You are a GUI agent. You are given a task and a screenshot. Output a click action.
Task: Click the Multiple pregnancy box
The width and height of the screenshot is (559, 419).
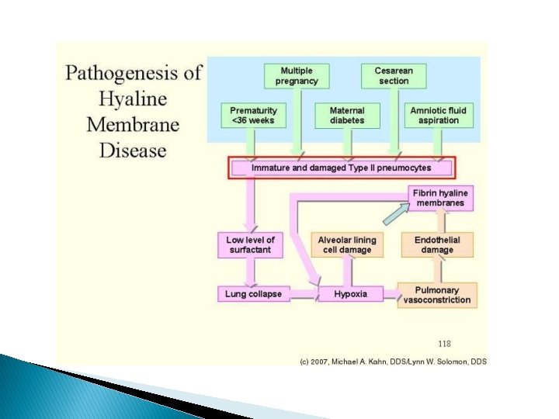[x=297, y=75]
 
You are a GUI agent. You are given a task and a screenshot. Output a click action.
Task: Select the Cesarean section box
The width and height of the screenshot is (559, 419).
[x=394, y=75]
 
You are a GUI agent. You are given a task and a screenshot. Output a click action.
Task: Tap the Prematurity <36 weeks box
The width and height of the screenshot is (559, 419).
[x=252, y=115]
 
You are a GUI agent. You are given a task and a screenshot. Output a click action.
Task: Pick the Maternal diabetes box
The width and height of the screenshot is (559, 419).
[x=346, y=115]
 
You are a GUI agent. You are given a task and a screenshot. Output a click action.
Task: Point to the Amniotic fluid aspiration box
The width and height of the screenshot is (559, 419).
[x=439, y=115]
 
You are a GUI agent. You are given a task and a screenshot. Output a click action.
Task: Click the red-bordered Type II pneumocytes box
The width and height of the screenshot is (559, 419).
[x=341, y=168]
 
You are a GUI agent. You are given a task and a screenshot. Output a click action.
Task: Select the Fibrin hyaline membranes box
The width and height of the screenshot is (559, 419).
[x=439, y=198]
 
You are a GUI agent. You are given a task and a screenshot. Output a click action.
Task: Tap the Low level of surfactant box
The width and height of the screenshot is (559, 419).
[x=251, y=244]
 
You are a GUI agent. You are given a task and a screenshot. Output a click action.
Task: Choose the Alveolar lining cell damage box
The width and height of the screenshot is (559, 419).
[x=346, y=244]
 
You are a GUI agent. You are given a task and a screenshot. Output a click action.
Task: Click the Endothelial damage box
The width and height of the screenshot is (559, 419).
[x=437, y=244]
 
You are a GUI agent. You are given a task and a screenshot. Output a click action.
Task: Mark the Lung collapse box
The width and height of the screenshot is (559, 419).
[x=253, y=294]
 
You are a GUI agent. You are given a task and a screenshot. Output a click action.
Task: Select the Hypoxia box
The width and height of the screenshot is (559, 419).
[x=349, y=294]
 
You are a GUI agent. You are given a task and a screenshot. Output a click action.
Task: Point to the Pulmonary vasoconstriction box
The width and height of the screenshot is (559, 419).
[x=437, y=295]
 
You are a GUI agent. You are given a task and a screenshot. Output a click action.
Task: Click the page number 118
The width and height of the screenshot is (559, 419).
[x=444, y=343]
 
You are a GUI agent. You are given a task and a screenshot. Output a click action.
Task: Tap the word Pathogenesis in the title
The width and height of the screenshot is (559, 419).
[x=120, y=74]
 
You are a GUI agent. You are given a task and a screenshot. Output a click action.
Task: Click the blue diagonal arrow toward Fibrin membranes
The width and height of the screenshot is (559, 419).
[x=396, y=212]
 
